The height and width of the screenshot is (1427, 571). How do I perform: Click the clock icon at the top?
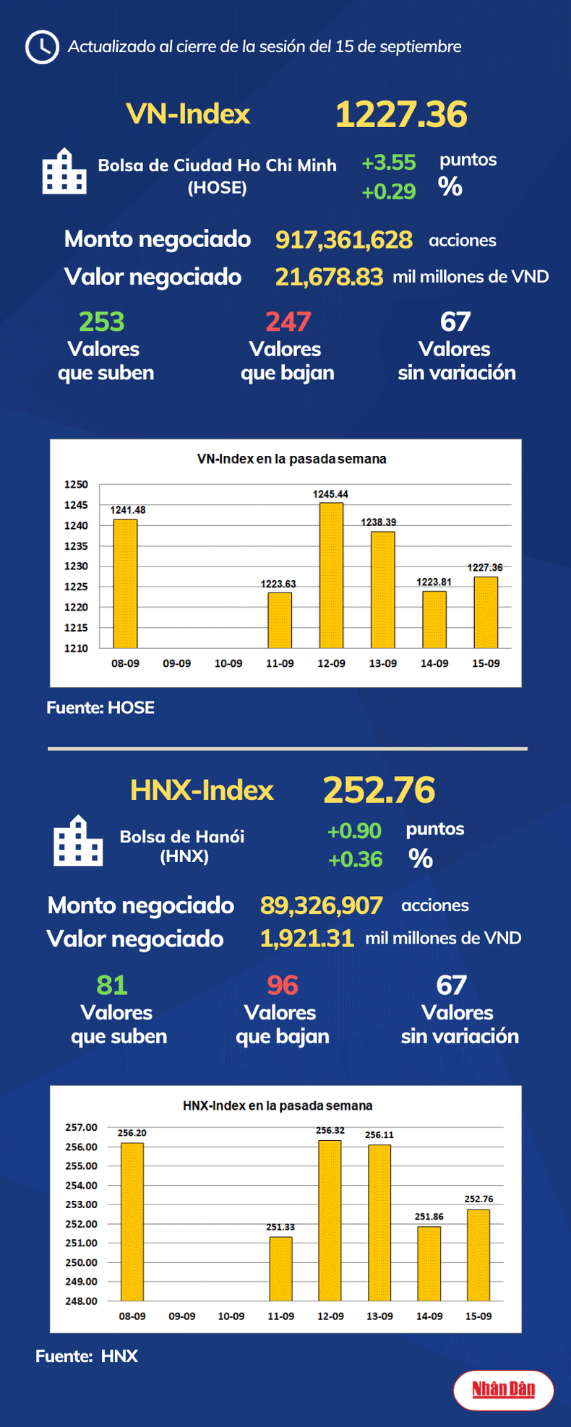coord(42,48)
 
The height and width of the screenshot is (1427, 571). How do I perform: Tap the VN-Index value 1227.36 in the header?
coord(401,115)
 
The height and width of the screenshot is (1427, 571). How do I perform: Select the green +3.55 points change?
coord(389,163)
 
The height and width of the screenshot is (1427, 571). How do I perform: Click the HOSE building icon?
coord(64,171)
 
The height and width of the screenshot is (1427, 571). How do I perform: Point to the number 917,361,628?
coord(343,240)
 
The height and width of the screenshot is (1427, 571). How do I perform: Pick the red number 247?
coord(288,322)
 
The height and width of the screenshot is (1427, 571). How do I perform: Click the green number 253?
coord(101,322)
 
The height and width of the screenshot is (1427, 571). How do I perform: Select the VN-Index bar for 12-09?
coord(332,575)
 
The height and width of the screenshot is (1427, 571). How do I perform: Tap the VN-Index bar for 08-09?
coord(125,583)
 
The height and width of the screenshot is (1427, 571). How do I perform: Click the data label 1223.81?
coord(434,582)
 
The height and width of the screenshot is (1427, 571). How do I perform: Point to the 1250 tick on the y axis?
coord(76,485)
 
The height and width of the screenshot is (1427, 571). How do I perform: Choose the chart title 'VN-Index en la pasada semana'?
coord(291,459)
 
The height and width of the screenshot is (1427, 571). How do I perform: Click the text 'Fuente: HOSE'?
coord(100,708)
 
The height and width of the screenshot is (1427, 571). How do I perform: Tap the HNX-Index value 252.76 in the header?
coord(379,790)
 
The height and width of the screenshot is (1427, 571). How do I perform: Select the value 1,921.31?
coord(306,939)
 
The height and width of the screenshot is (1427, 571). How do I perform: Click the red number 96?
coord(282,985)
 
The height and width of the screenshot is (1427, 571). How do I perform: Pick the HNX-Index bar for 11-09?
coord(280,1269)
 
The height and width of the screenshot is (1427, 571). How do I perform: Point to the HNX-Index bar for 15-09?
coord(478,1255)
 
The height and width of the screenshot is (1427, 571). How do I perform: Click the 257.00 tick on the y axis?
coord(81,1127)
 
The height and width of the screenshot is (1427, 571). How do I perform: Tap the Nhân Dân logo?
coord(503,1389)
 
